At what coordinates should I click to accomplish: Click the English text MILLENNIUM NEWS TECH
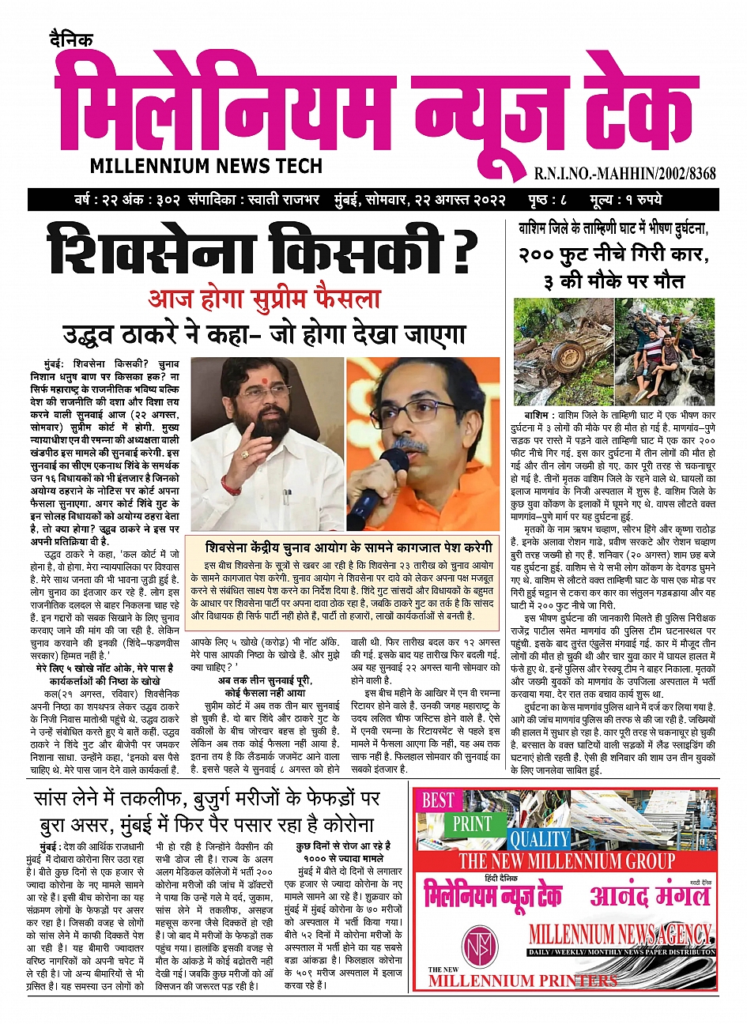click(206, 166)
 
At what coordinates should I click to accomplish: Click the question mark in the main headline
click(464, 248)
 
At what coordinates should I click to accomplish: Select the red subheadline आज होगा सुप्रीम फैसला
click(264, 299)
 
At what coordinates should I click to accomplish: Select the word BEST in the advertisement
click(438, 800)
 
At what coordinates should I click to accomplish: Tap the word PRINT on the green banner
click(473, 823)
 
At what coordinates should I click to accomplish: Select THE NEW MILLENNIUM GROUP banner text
click(567, 860)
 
